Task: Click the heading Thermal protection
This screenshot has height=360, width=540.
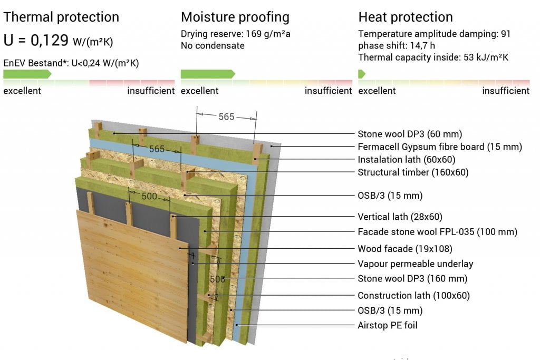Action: [61, 17]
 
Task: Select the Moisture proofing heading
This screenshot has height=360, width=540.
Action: [235, 17]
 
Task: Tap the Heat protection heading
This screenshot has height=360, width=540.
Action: [406, 17]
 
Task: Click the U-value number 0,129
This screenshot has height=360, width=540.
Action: [50, 40]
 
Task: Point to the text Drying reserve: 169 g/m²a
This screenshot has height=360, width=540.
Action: [236, 34]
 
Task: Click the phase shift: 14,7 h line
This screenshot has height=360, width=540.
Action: [397, 45]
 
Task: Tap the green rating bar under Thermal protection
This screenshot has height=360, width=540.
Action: [27, 74]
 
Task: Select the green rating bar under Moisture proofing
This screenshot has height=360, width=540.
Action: [208, 74]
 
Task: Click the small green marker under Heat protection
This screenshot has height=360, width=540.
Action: [362, 74]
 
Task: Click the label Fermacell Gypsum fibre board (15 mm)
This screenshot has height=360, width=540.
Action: [440, 147]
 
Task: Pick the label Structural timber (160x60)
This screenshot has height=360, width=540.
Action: [413, 172]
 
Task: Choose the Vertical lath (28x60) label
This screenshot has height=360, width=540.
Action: [400, 217]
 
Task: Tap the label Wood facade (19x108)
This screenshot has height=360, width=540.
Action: [405, 248]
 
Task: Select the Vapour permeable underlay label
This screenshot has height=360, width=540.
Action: [416, 264]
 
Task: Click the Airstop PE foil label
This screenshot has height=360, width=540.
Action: [388, 325]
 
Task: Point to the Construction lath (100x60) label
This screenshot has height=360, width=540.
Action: [413, 295]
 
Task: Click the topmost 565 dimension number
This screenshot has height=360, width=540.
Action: [226, 116]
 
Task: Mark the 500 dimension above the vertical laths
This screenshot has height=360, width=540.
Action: [149, 196]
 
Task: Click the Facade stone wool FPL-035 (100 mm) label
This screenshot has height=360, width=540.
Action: [437, 231]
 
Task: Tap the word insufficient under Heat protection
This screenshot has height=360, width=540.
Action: [506, 91]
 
